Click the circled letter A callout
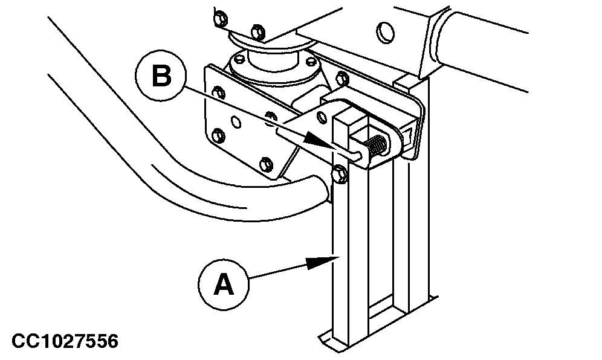224,284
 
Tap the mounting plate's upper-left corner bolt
219,93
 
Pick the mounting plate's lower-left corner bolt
218,133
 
